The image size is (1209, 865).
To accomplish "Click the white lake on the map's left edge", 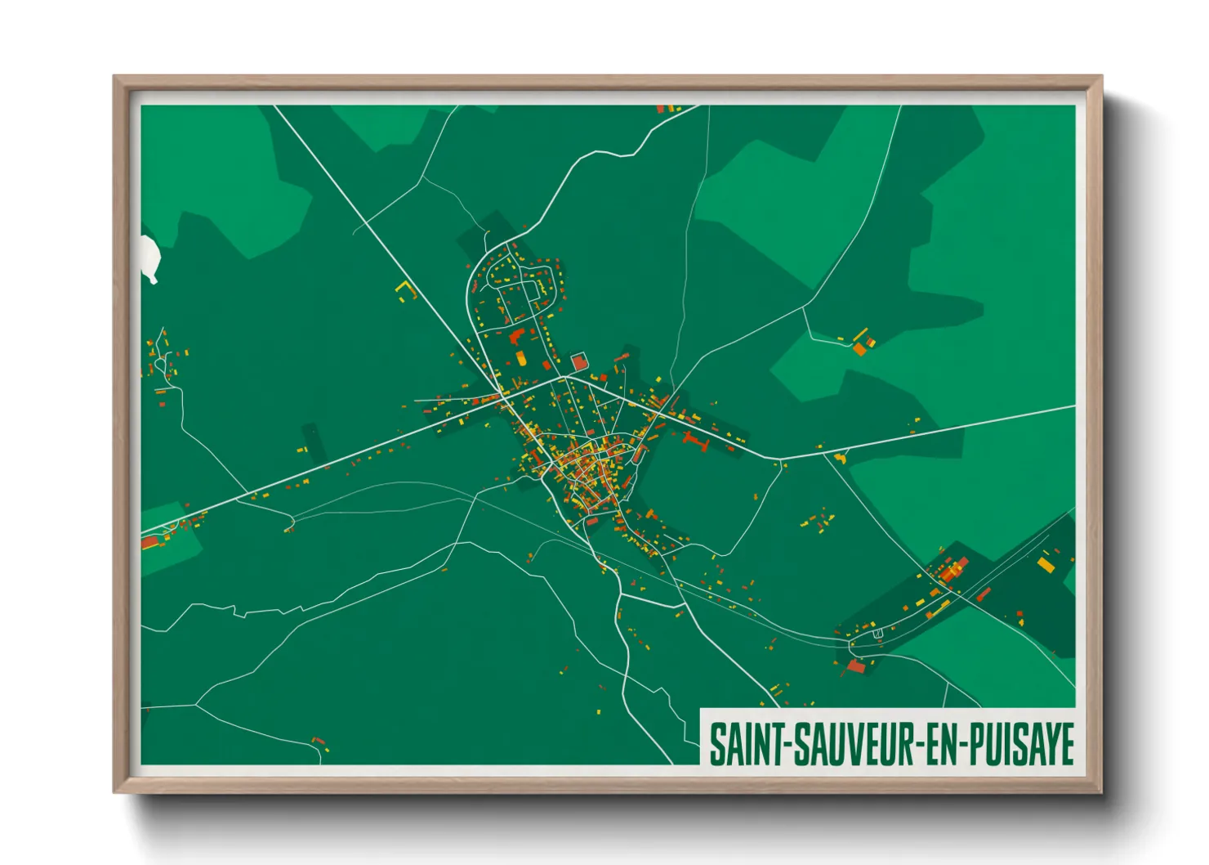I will pyautogui.click(x=149, y=258).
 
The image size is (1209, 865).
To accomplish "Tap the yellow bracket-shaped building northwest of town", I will pyautogui.click(x=406, y=289).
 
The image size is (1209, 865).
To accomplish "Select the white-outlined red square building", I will pyautogui.click(x=579, y=361).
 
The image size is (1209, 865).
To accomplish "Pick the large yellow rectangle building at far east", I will pyautogui.click(x=1046, y=564).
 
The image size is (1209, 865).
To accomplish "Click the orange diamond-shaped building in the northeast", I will pyautogui.click(x=859, y=349).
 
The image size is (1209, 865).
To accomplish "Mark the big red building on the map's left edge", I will pyautogui.click(x=149, y=542).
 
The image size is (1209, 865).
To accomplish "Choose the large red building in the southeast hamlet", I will pyautogui.click(x=856, y=666).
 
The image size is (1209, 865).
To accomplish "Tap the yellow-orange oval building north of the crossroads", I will pyautogui.click(x=521, y=358).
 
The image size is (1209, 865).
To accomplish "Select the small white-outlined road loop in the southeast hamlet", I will pyautogui.click(x=878, y=634).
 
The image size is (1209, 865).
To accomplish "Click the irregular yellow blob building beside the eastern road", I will pyautogui.click(x=840, y=458).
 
